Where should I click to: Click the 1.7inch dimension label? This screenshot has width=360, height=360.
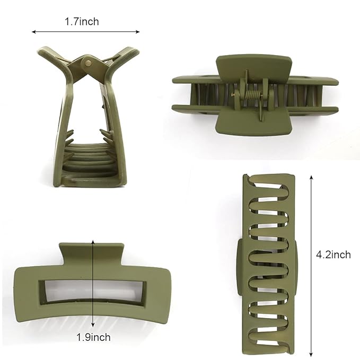click(82, 22)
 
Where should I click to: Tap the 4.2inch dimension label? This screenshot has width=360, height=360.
click(333, 255)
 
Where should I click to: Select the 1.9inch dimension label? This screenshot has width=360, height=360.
click(93, 337)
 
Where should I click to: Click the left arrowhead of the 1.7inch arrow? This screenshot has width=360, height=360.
click(33, 32)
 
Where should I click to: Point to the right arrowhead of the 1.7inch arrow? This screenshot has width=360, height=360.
click(138, 32)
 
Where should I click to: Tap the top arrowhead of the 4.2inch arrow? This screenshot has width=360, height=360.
click(311, 177)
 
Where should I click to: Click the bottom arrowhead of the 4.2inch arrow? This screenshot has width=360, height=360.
click(311, 355)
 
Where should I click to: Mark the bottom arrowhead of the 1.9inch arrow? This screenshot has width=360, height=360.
click(93, 324)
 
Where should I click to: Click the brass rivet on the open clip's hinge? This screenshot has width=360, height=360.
click(87, 64)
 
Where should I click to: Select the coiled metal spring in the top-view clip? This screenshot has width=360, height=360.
click(253, 94)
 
